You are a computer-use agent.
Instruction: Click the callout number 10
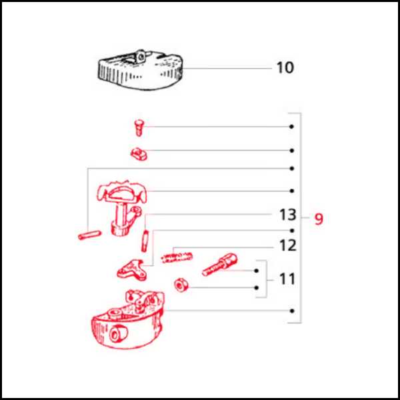[285, 67]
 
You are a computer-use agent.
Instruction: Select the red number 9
[319, 219]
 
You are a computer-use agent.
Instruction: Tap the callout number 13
[288, 215]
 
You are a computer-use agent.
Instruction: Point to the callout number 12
[288, 245]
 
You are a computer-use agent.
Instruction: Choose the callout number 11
[287, 279]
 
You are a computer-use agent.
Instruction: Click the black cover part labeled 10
[140, 69]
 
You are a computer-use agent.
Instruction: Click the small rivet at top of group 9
[139, 128]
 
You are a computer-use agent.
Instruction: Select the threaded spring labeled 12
[177, 257]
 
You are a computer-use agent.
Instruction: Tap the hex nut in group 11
[181, 285]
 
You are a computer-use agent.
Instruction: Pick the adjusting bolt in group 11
[219, 264]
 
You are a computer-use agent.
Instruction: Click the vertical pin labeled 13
[145, 241]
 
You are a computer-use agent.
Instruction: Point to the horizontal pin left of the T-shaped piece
[89, 235]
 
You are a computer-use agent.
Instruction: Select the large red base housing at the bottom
[127, 319]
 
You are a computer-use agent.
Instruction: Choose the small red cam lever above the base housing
[132, 270]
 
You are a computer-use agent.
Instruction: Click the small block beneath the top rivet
[139, 155]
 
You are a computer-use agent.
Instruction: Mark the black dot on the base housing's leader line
[292, 311]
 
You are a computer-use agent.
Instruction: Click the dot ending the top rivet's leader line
[291, 127]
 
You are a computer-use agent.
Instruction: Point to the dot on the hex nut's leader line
[257, 288]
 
